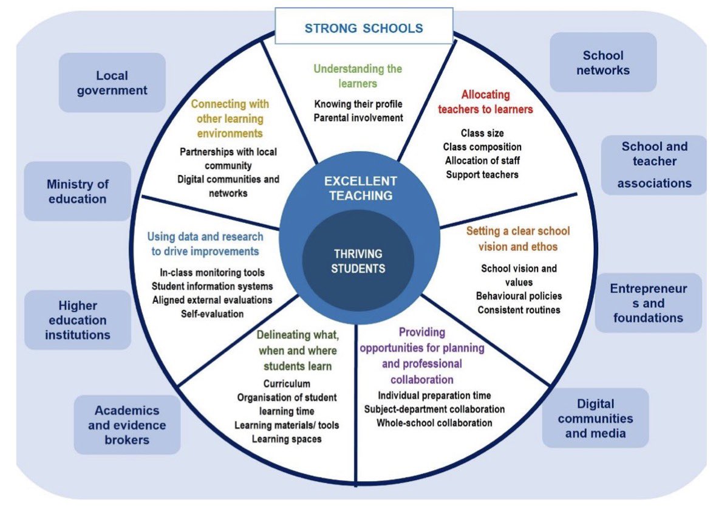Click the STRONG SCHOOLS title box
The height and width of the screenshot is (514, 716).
point(364,27)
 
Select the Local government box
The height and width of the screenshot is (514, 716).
point(112,83)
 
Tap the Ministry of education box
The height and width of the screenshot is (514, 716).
point(77,191)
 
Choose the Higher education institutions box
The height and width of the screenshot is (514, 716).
point(78,320)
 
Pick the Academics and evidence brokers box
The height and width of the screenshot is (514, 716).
point(127,425)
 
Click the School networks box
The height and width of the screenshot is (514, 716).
point(603,63)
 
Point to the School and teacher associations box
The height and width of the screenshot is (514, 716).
point(654,165)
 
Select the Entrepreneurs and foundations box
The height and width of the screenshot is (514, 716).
point(648,303)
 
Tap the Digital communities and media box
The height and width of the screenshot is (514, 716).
point(595,418)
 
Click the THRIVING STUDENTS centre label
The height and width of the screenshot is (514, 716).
point(358,261)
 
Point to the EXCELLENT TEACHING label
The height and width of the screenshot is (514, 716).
point(360,188)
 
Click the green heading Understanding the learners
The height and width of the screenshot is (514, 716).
point(358,76)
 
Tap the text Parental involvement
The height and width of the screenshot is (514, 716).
point(358,117)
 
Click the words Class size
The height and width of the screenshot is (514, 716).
point(482,133)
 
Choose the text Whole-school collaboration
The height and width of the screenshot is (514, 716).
point(434,423)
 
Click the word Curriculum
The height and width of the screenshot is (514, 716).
point(287,384)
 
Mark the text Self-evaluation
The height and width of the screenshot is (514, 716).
point(212,314)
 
